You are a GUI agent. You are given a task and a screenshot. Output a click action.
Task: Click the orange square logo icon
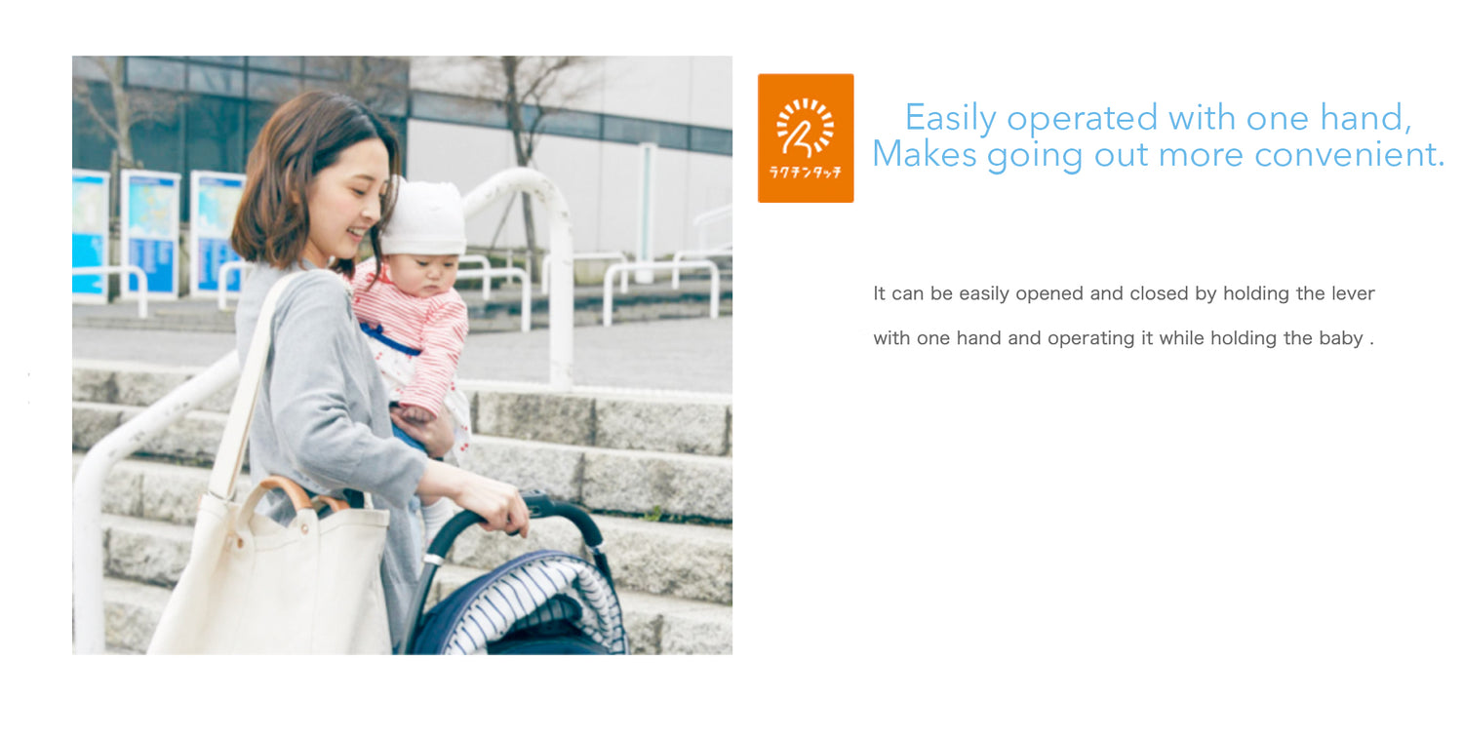click(x=806, y=137)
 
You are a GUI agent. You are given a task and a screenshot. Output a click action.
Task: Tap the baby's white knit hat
click(x=424, y=217)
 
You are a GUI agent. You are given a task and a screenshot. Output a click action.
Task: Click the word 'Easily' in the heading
click(x=950, y=118)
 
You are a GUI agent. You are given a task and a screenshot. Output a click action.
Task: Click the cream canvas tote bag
click(x=274, y=574)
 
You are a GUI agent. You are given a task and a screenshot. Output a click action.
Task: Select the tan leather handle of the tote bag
click(x=288, y=492)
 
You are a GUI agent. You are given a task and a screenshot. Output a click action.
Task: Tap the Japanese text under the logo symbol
click(x=806, y=173)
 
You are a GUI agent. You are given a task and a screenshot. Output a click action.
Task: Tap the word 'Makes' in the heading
click(x=925, y=155)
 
